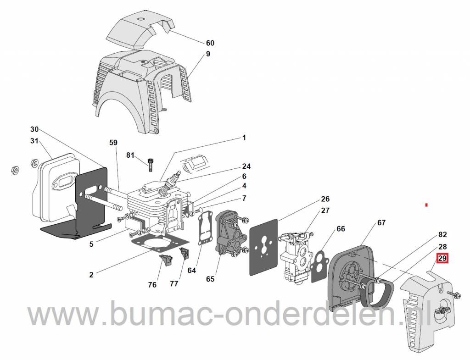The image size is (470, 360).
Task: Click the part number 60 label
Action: point(210,43)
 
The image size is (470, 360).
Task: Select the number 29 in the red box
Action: point(442,259)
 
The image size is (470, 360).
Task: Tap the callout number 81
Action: point(131,155)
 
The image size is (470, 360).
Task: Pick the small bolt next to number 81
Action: point(151,164)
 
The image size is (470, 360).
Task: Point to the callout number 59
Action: point(113,143)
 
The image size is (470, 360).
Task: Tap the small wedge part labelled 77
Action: point(185,254)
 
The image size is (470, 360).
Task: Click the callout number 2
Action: point(91,275)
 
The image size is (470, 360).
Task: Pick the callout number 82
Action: point(442,234)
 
